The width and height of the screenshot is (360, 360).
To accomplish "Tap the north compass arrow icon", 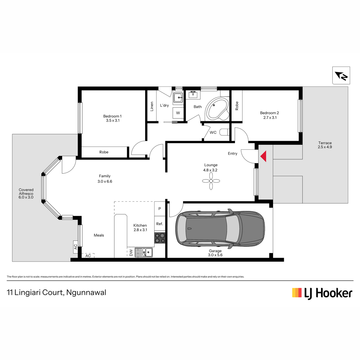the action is point(341,76).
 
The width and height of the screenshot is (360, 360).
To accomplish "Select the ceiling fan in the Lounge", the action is point(211,181).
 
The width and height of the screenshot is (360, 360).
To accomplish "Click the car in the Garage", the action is point(220,229).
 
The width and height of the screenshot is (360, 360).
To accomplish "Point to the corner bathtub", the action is point(217,109).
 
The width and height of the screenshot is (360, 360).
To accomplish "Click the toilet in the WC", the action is point(224,132).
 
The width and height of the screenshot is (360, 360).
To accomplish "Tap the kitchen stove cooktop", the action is point(160,238).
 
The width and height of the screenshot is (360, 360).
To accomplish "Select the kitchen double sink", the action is point(144,252).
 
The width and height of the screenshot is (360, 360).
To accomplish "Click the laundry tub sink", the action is point(178,97).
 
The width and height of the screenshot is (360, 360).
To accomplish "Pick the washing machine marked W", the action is point(178,113).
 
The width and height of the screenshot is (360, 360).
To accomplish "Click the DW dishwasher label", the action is point(131,253).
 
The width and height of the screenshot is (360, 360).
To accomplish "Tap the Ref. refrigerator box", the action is point(160,223).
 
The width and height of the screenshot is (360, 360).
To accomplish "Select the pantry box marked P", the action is point(160,209).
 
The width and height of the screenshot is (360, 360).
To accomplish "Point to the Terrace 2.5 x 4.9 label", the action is point(325,145).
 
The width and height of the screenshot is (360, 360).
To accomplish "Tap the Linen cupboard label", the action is point(152,106).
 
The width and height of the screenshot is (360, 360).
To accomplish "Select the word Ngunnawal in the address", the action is point(86,292).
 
